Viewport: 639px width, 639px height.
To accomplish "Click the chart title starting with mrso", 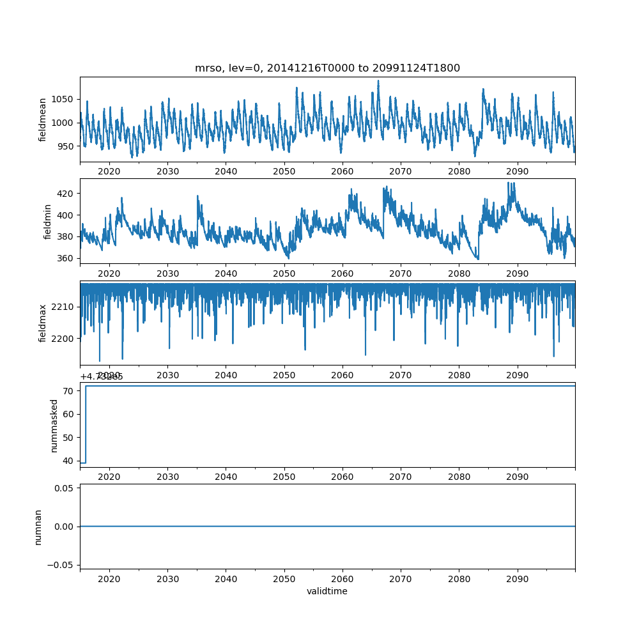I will pos(327,68).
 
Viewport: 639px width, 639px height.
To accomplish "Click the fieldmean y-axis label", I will pos(43,119).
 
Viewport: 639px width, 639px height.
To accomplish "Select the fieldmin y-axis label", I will pos(47,221).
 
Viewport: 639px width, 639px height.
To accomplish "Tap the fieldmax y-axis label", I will pos(43,323).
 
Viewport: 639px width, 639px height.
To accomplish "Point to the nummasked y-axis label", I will pos(54,425).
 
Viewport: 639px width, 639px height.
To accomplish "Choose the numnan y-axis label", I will pos(38,527).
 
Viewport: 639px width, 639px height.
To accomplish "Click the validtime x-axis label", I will pos(327,591).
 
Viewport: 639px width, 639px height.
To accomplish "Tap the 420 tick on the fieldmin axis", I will pos(67,193).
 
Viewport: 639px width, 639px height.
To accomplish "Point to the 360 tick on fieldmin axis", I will pos(67,258).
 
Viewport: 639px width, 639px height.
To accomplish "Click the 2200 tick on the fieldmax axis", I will pos(63,338).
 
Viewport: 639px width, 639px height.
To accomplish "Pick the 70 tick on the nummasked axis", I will pos(70,390).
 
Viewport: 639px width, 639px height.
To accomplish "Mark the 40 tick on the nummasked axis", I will pos(70,461).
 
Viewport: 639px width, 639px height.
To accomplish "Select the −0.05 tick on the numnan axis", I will pos(63,565).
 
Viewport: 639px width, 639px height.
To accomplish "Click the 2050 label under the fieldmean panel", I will pos(284,171).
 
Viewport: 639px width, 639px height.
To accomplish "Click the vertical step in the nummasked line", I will pos(86,424).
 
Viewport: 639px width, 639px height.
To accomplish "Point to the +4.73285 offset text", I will pos(102,376).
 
